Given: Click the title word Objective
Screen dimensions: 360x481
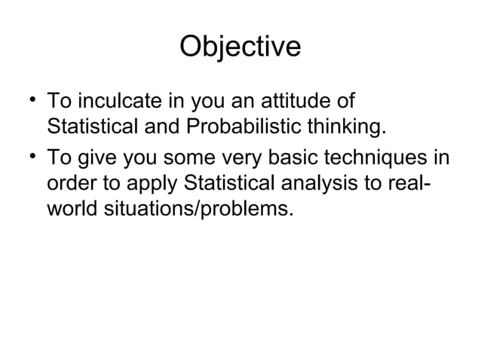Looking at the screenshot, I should tap(240, 47).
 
